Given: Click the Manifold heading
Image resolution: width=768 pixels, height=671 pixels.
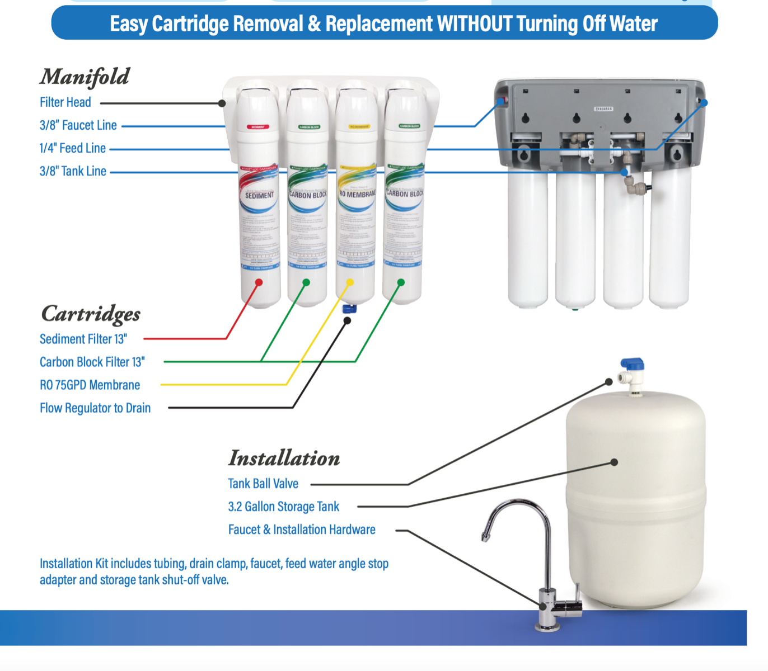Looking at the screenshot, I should [85, 77].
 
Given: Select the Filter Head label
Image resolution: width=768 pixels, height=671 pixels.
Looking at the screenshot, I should [65, 102].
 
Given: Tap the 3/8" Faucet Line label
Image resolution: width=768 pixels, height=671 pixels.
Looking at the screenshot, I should [78, 125].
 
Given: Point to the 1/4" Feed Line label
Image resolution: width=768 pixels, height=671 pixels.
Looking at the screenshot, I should [72, 148].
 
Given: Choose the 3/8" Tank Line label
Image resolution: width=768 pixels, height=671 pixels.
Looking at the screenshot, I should [73, 171].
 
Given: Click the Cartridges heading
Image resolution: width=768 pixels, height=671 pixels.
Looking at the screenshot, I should [91, 314].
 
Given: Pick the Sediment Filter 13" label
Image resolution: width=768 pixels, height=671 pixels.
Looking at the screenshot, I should [83, 339].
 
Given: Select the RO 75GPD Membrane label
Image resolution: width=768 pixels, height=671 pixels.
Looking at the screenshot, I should [90, 385].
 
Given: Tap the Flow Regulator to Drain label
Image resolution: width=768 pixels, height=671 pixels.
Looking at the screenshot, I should [95, 408].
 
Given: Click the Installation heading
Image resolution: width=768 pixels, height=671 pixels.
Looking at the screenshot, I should [284, 458].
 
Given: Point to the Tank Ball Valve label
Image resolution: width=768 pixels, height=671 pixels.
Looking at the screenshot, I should [263, 484].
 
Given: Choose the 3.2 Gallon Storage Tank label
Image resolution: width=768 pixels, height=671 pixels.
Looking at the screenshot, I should [283, 507].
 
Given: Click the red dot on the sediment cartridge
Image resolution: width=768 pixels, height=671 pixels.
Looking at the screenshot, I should [259, 282].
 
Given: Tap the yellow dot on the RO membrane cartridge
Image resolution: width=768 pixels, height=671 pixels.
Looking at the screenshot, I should [350, 282].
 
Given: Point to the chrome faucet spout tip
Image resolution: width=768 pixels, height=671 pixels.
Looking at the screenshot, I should [485, 537].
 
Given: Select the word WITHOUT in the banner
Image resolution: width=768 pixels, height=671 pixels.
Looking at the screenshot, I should [474, 23].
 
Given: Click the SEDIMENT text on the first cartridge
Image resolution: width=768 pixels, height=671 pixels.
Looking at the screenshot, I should [259, 195].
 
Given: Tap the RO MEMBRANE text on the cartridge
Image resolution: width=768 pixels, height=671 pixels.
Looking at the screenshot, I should [357, 193].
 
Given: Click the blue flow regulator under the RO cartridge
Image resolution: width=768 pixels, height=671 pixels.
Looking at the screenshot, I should [349, 308].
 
